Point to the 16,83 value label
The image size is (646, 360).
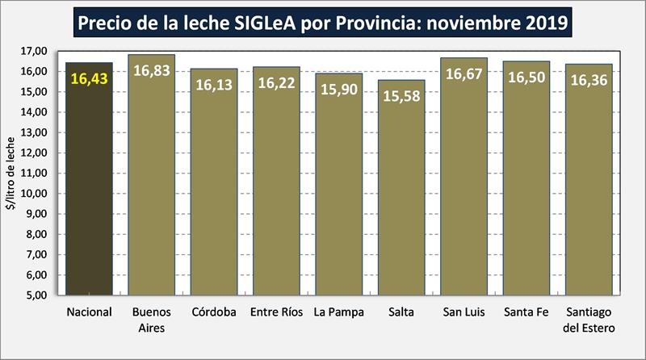click(151, 70)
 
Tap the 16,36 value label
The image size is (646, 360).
click(589, 80)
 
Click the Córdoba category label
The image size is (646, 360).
click(213, 312)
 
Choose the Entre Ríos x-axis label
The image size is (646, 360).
click(276, 312)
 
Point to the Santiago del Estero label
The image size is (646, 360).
click(589, 320)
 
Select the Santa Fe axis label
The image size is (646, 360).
click(526, 312)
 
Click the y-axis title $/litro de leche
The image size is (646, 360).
click(11, 174)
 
